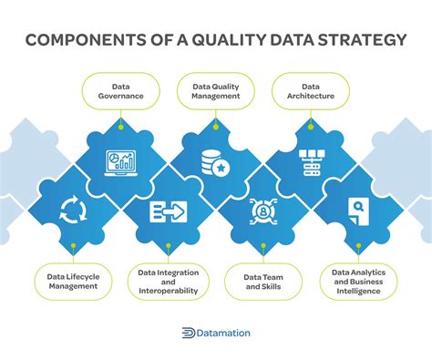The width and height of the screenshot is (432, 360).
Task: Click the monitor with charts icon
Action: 120,163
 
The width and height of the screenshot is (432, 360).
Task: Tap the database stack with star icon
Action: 217,163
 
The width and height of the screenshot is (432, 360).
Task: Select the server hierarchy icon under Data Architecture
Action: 312,163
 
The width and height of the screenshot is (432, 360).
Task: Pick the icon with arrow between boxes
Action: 168,213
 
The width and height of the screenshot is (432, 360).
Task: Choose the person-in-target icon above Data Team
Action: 263,213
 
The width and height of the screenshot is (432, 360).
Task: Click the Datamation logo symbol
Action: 189,334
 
